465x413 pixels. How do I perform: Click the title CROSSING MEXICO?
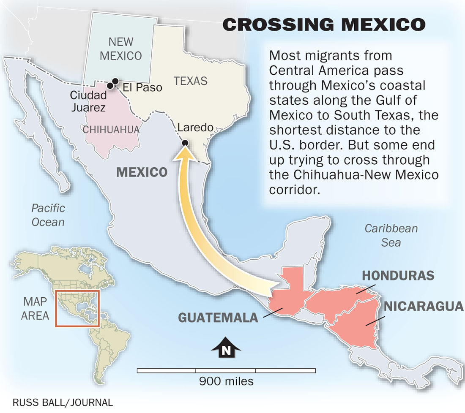point(324,25)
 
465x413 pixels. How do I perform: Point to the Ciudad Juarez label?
point(88,102)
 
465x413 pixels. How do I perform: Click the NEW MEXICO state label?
point(120,49)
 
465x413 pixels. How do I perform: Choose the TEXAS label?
point(191,81)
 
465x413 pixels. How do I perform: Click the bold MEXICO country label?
point(142,172)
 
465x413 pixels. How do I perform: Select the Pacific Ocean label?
point(48,215)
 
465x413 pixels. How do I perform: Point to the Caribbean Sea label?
point(391,235)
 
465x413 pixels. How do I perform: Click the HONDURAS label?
point(398,275)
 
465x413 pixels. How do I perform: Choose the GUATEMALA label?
point(218,317)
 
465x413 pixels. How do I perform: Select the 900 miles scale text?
point(226,381)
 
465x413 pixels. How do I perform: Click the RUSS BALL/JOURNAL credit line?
point(63,402)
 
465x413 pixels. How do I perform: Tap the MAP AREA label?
point(36,309)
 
